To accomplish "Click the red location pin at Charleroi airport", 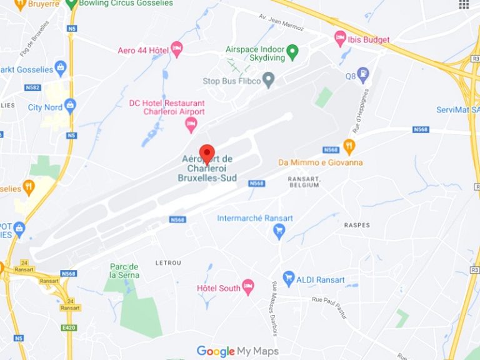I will (x=207, y=153).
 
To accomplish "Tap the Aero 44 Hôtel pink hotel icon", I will (x=177, y=49).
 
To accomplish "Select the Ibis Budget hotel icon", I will (x=340, y=39).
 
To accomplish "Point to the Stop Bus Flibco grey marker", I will (x=269, y=79).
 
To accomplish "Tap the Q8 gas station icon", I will (x=362, y=75).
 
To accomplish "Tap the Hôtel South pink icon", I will (x=248, y=287).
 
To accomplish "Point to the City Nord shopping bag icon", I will (x=70, y=106).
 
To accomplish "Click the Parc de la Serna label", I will (x=124, y=271).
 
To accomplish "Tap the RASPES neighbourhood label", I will (x=357, y=225).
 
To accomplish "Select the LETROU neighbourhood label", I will (x=168, y=263).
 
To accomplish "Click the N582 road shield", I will (x=34, y=87).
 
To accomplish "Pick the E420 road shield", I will (x=69, y=327).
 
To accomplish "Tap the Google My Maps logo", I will (x=237, y=351).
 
